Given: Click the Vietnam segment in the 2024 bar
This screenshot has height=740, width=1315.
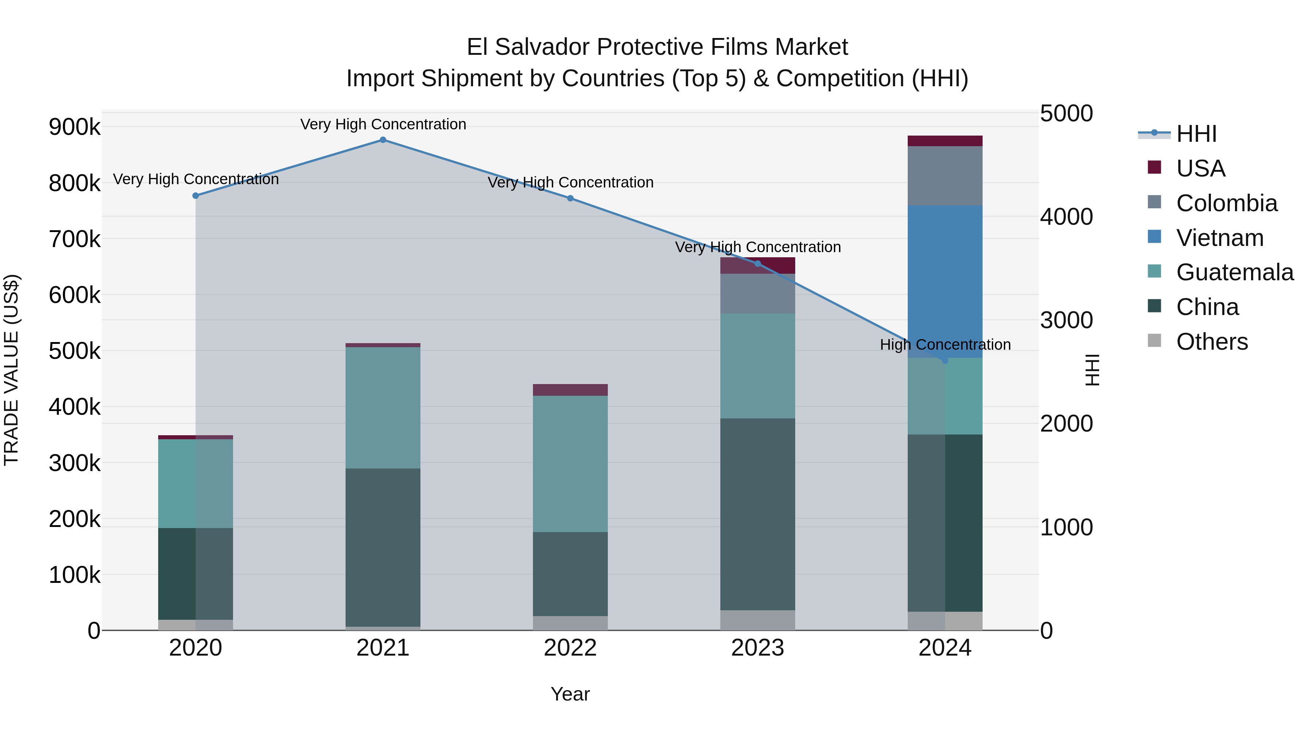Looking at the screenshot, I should pyautogui.click(x=945, y=281).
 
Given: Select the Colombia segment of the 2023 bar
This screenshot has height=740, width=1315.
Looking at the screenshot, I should pyautogui.click(x=758, y=294).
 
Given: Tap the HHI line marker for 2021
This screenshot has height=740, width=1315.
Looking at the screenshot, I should pyautogui.click(x=383, y=140).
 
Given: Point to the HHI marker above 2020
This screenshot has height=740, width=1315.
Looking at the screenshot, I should pyautogui.click(x=195, y=196).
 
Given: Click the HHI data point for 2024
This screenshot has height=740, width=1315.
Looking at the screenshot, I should pyautogui.click(x=945, y=361).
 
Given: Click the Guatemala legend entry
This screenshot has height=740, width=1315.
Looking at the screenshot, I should pyautogui.click(x=1234, y=272).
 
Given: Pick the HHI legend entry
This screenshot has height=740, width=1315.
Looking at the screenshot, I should pyautogui.click(x=1196, y=134).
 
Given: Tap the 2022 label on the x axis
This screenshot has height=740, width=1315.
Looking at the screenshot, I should pyautogui.click(x=570, y=648).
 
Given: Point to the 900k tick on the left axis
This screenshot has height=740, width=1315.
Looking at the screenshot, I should pyautogui.click(x=75, y=127).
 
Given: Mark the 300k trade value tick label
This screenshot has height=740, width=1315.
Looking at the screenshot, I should pyautogui.click(x=75, y=463).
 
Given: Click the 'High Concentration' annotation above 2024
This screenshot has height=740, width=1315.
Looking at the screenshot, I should pyautogui.click(x=945, y=345).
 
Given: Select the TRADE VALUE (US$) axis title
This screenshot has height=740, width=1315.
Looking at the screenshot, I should pyautogui.click(x=11, y=370).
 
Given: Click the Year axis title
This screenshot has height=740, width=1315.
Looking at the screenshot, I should pyautogui.click(x=570, y=694).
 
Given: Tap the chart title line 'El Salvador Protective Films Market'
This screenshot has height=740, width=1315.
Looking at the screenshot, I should pyautogui.click(x=657, y=47).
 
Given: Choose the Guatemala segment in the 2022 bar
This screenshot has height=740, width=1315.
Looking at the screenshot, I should pyautogui.click(x=570, y=464).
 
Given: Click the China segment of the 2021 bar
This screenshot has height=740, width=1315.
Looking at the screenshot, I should pyautogui.click(x=383, y=547).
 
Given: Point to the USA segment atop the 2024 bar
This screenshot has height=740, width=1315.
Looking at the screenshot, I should pyautogui.click(x=945, y=141).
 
